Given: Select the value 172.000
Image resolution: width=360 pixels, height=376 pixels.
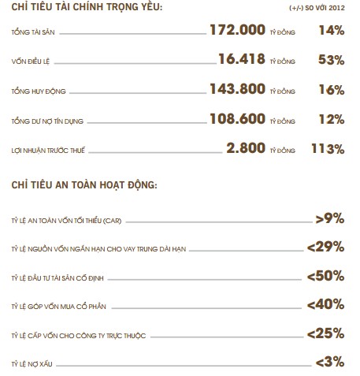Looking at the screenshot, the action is [x=237, y=31].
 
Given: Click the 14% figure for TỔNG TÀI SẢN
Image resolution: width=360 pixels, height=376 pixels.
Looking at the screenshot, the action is [x=332, y=31].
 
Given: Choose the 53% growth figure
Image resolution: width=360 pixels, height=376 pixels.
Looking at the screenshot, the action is [x=332, y=60].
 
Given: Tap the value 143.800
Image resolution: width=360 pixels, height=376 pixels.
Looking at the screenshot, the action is [x=237, y=90].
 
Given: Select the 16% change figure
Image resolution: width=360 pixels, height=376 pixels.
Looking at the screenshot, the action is [x=332, y=90].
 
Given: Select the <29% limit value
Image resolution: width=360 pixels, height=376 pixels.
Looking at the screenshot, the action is [x=325, y=247].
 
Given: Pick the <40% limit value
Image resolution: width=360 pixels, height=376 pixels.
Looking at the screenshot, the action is [x=325, y=304].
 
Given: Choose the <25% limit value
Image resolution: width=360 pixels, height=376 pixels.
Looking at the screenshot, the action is [x=325, y=333].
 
